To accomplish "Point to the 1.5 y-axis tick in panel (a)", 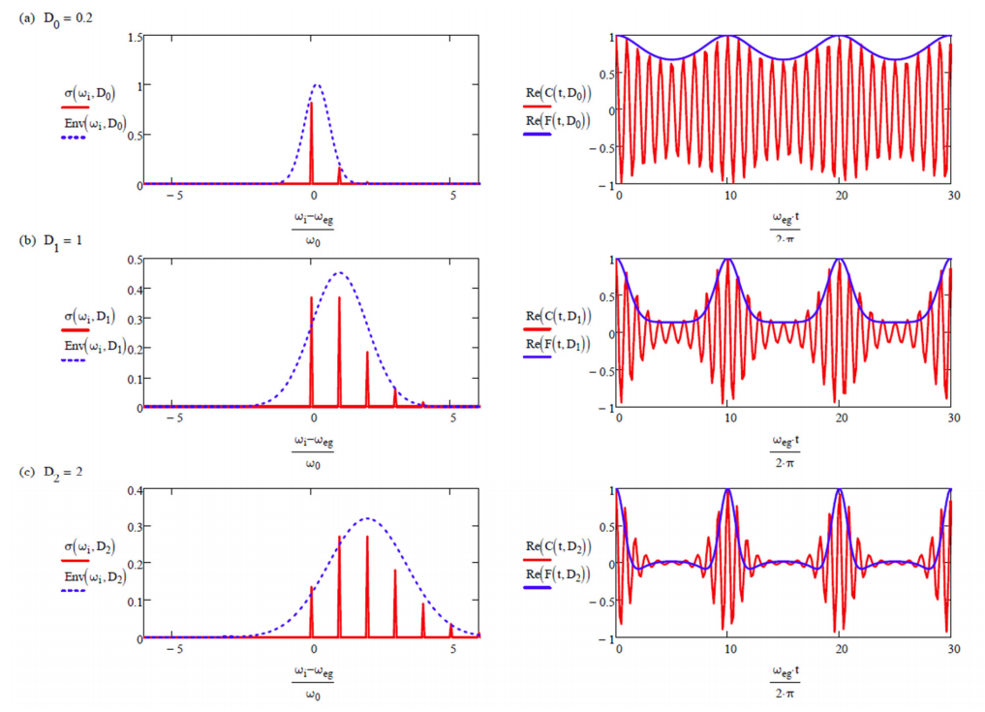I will pyautogui.click(x=135, y=37).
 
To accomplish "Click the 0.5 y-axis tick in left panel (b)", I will pyautogui.click(x=135, y=260).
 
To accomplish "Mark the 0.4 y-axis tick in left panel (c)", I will pyautogui.click(x=135, y=490).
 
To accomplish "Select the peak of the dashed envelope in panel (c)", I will pyautogui.click(x=366, y=518).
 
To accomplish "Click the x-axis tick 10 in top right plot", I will pyautogui.click(x=728, y=195).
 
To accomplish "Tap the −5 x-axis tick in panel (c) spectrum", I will pyautogui.click(x=175, y=649).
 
